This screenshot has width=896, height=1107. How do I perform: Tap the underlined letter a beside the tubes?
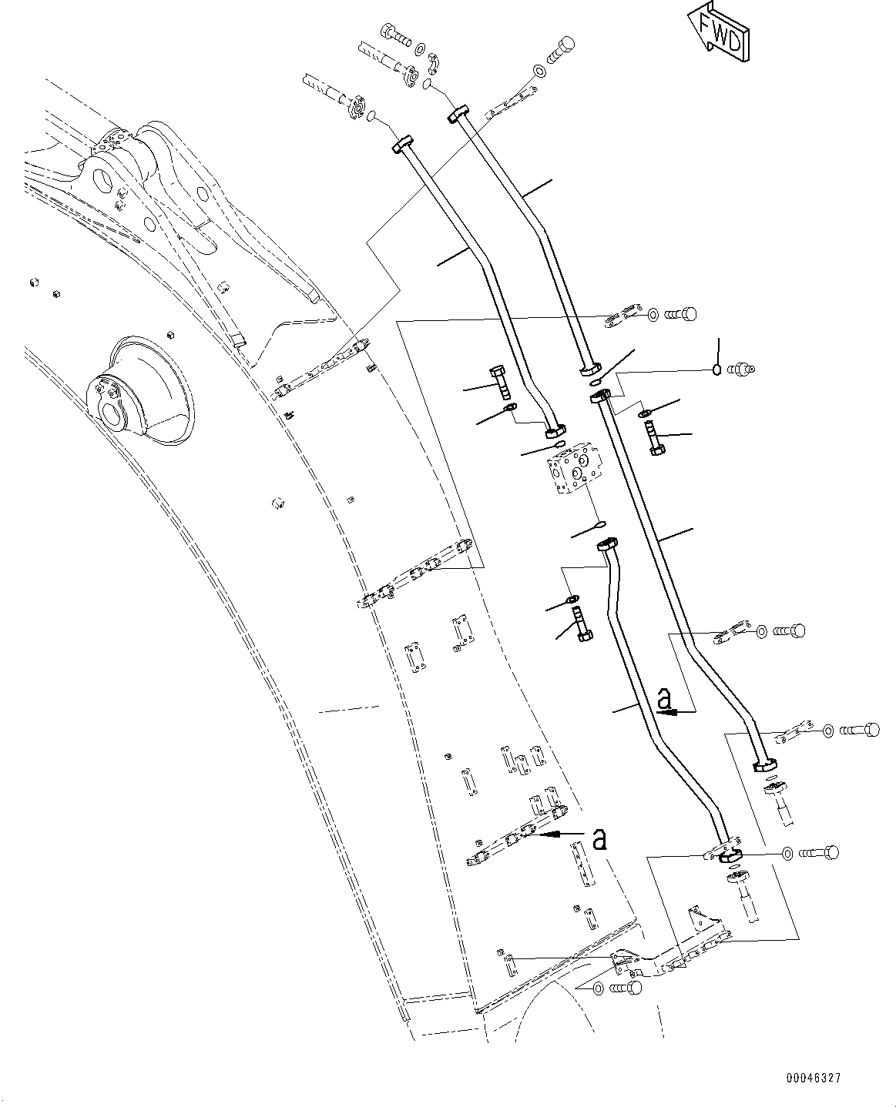click(x=665, y=700)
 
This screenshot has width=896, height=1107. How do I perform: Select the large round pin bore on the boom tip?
click(x=104, y=182)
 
